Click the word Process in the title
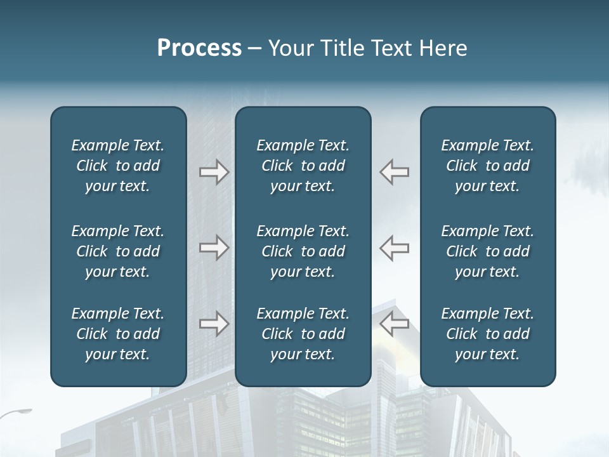(x=199, y=48)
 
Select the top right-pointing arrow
(x=214, y=172)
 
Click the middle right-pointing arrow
(x=214, y=248)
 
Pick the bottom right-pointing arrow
(x=214, y=324)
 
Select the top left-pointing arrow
(x=395, y=172)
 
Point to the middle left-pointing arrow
(x=395, y=248)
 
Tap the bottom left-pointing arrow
(x=395, y=324)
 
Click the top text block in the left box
(x=118, y=166)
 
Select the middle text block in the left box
(x=118, y=251)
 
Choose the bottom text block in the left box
(x=118, y=334)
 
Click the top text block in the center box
(x=303, y=166)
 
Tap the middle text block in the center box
(x=303, y=251)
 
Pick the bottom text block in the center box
(x=303, y=334)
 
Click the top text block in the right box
(x=488, y=166)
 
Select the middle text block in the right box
(x=488, y=251)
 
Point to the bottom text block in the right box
(x=488, y=334)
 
